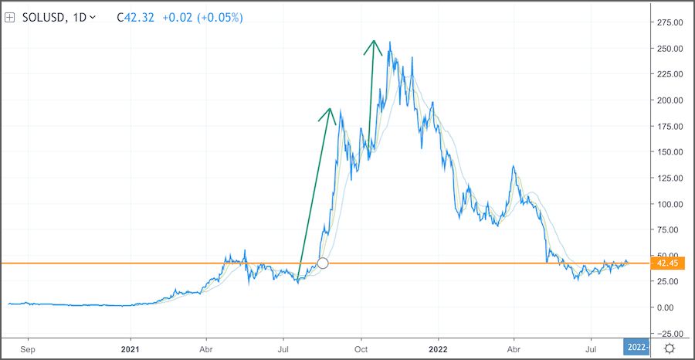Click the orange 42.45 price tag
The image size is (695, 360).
click(x=666, y=263)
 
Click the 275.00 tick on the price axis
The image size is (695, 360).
click(x=668, y=22)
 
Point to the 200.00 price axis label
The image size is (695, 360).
click(x=668, y=100)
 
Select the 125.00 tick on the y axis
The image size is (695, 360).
click(x=668, y=178)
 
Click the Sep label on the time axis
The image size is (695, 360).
click(x=28, y=348)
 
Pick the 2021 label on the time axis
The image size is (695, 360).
click(x=131, y=348)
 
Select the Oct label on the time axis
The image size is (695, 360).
click(x=361, y=348)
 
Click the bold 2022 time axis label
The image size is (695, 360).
click(x=438, y=348)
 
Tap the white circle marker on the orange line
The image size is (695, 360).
click(x=323, y=263)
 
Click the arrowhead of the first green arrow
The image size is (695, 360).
click(x=330, y=110)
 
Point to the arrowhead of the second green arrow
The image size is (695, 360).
click(x=375, y=42)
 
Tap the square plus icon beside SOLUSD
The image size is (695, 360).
click(x=11, y=17)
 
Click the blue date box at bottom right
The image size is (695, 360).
click(x=636, y=348)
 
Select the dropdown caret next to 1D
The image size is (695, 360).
click(x=93, y=17)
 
